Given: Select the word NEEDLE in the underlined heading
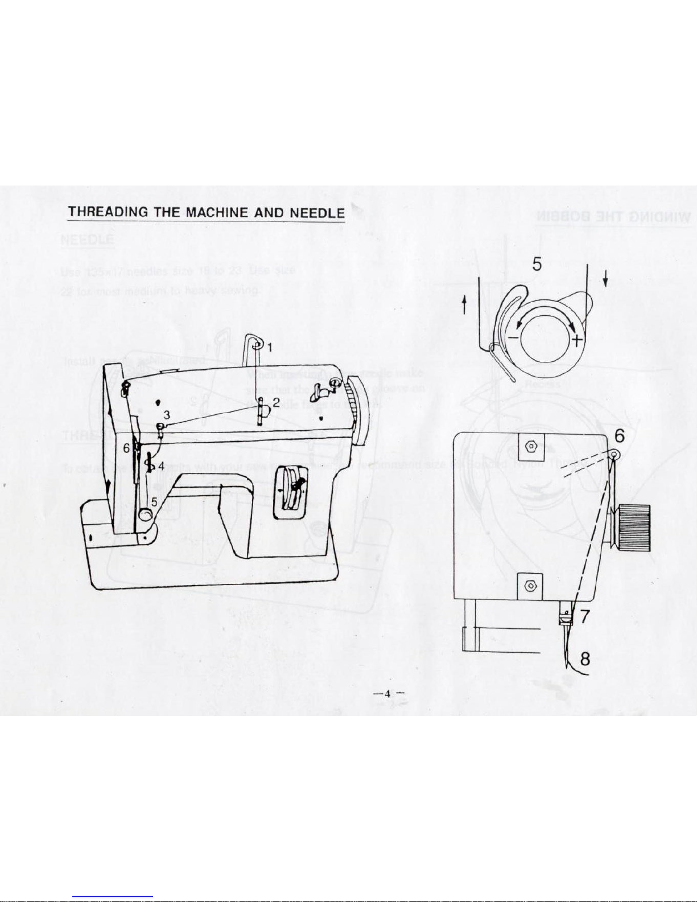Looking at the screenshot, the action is pos(316,212).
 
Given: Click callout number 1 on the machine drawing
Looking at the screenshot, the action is pos(270,346).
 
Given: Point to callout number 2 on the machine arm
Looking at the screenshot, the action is pos(275,402).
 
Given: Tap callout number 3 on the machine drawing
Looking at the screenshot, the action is pos(167,414).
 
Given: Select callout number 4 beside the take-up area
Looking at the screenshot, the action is pos(162,466).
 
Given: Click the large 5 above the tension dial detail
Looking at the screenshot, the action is pos(537,264).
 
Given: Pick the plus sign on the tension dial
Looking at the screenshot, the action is pos(577,341).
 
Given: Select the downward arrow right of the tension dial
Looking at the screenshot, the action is pos(605,278).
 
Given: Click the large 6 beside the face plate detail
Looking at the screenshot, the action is pos(620,435).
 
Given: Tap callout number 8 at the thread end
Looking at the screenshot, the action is pos(585,659).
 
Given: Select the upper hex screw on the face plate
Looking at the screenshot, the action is pos(531,446).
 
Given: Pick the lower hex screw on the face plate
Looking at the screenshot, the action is pos(530,585).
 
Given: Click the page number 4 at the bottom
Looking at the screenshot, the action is pos(387,693).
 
